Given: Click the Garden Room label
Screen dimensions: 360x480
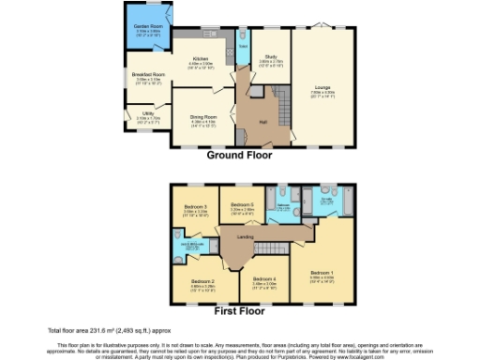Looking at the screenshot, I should click(147, 26).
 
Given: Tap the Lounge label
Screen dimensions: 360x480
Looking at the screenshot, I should click(323, 87).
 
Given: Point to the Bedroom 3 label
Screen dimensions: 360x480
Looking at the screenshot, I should click(195, 206).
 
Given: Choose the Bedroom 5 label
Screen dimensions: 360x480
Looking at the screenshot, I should click(243, 204).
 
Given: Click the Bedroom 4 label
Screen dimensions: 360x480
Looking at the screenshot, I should click(266, 279).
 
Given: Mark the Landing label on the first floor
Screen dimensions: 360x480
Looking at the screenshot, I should click(246, 236).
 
